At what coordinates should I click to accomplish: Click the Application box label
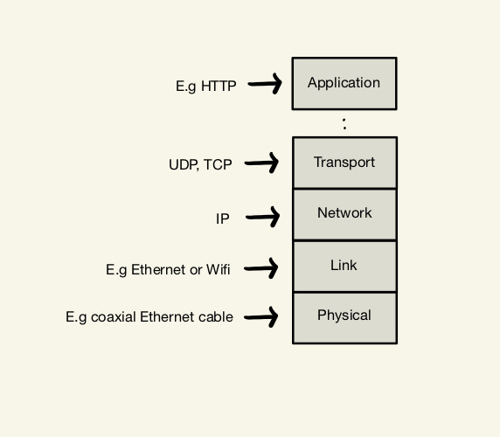click(344, 83)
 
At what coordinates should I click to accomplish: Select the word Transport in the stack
click(344, 163)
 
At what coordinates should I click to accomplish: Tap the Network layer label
click(344, 212)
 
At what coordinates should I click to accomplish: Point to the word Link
click(344, 265)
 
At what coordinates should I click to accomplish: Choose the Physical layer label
click(344, 316)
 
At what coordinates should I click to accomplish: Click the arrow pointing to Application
click(265, 84)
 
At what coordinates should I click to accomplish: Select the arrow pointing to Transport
click(261, 163)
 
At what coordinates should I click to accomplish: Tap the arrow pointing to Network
click(263, 217)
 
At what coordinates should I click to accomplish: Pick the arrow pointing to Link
click(260, 268)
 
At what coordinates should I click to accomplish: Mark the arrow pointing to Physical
click(260, 316)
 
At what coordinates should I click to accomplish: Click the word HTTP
click(219, 86)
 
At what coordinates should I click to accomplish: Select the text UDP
click(184, 165)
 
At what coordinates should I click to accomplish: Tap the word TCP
click(218, 164)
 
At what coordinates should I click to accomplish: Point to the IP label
click(223, 218)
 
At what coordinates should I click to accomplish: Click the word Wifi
click(219, 269)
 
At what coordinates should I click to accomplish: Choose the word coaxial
click(114, 317)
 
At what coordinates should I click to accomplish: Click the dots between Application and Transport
click(344, 124)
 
